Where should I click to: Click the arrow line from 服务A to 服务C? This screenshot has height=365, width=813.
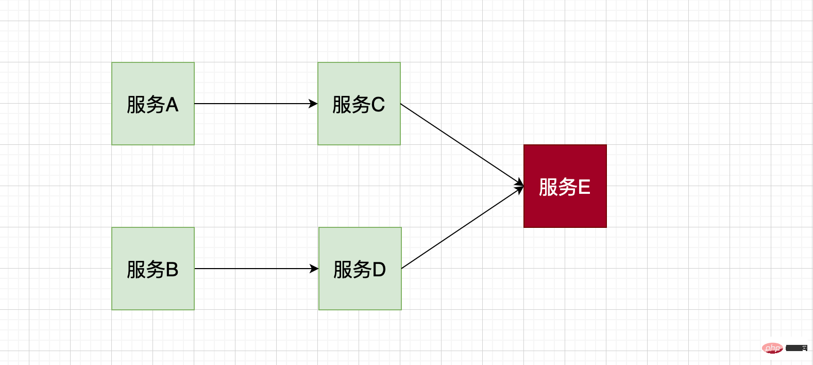252,104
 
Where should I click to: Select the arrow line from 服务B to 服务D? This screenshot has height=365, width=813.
252,269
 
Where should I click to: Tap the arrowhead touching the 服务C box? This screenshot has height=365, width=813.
313,104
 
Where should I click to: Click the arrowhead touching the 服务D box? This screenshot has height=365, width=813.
314,269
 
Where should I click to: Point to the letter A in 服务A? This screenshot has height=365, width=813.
172,105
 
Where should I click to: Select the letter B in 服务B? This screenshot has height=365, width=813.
172,270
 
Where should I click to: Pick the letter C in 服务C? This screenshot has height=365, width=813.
378,105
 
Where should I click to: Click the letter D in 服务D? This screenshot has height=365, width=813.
379,270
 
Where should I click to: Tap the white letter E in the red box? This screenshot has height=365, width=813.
584,187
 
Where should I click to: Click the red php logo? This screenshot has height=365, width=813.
772,348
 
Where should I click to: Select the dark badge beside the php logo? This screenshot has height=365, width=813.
797,348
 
